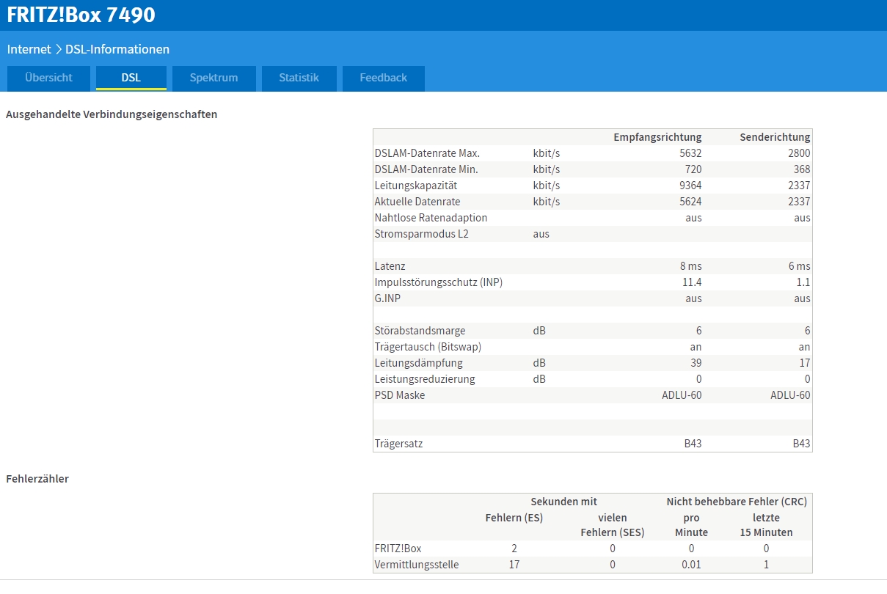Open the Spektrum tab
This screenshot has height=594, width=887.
pyautogui.click(x=213, y=78)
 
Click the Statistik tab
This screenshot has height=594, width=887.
pyautogui.click(x=299, y=78)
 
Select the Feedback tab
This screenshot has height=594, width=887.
pyautogui.click(x=383, y=78)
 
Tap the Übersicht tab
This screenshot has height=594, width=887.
pyautogui.click(x=48, y=78)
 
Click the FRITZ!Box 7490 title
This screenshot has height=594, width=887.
pyautogui.click(x=81, y=15)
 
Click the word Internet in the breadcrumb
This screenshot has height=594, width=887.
pyautogui.click(x=29, y=49)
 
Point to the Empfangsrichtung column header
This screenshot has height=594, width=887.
pyautogui.click(x=657, y=137)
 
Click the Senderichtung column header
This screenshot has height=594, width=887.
pyautogui.click(x=775, y=137)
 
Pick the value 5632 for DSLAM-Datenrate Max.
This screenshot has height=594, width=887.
pyautogui.click(x=690, y=153)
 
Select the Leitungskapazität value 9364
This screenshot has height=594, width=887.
pyautogui.click(x=690, y=186)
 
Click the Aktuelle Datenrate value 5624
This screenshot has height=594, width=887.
pyautogui.click(x=690, y=202)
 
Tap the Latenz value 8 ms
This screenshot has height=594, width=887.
pyautogui.click(x=691, y=266)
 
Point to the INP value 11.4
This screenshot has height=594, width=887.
pyautogui.click(x=692, y=282)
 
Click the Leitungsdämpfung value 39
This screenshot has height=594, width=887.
pyautogui.click(x=696, y=363)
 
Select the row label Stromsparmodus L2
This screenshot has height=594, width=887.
pyautogui.click(x=421, y=234)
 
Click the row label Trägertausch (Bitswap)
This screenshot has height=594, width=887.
pyautogui.click(x=428, y=347)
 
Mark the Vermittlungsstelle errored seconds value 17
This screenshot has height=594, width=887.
pyautogui.click(x=514, y=565)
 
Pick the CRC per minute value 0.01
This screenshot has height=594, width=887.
pyautogui.click(x=691, y=565)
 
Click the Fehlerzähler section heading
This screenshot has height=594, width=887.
pyautogui.click(x=37, y=479)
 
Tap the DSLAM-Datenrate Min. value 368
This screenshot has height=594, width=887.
pyautogui.click(x=802, y=169)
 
